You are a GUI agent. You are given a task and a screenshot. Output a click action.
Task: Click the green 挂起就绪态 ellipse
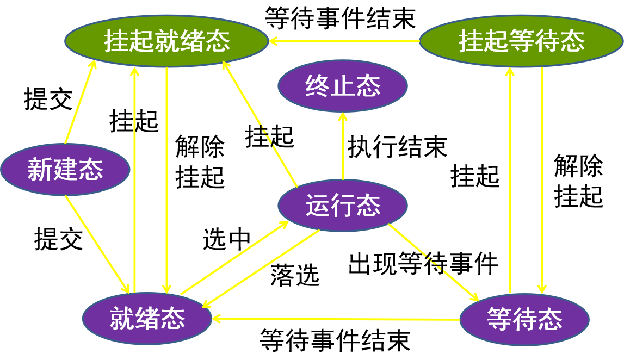(x=166, y=41)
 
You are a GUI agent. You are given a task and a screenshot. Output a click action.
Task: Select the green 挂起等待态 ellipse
(x=521, y=41)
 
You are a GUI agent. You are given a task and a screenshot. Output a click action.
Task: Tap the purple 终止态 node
(x=343, y=86)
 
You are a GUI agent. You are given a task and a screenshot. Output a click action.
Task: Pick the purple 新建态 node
(x=65, y=170)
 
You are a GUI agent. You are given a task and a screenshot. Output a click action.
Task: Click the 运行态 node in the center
(x=343, y=206)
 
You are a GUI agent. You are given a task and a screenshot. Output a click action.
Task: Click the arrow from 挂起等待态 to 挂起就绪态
(x=345, y=41)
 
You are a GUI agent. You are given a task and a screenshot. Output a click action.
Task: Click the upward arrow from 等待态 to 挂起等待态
(x=510, y=179)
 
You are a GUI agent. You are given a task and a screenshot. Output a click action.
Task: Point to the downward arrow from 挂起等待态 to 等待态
(x=542, y=179)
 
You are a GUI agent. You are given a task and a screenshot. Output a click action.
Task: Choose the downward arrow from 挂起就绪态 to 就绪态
(x=166, y=179)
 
